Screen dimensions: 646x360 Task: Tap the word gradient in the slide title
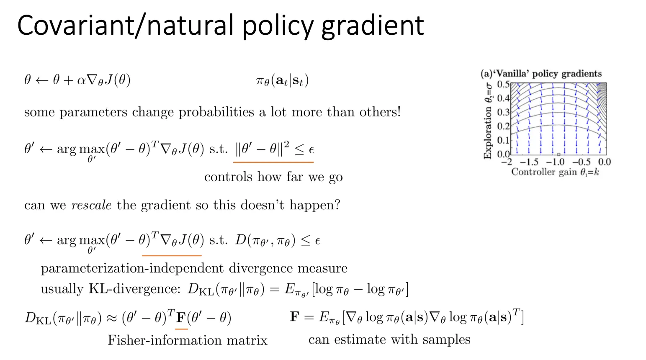372,26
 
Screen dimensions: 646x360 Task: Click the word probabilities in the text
216,112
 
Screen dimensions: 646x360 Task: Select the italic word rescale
91,205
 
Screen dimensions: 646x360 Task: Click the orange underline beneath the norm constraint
273,162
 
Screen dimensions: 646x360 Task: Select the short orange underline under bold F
181,329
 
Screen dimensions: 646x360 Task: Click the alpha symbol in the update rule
82,80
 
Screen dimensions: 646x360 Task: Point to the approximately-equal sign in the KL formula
112,318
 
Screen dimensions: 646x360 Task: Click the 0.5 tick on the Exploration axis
503,85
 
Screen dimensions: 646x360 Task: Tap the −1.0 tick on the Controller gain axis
556,162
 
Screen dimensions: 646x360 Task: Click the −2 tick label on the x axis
507,162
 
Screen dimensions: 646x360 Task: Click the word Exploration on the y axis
487,133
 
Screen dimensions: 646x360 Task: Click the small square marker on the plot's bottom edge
558,154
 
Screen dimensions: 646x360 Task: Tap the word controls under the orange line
228,177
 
